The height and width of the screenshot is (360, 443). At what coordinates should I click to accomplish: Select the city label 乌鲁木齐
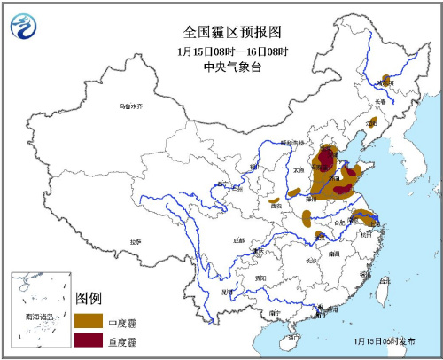pyautogui.click(x=131, y=106)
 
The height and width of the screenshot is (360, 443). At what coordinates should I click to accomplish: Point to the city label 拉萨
pyautogui.click(x=135, y=240)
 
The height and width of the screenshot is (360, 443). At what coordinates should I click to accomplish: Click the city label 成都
pyautogui.click(x=237, y=239)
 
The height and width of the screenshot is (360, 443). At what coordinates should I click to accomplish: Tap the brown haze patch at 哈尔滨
pyautogui.click(x=385, y=78)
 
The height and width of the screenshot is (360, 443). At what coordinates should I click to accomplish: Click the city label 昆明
pyautogui.click(x=228, y=289)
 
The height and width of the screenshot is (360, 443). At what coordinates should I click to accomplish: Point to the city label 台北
pyautogui.click(x=383, y=281)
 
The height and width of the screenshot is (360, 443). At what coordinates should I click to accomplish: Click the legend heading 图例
pyautogui.click(x=90, y=297)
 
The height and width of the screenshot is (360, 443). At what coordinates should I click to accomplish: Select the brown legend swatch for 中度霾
pyautogui.click(x=88, y=319)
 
